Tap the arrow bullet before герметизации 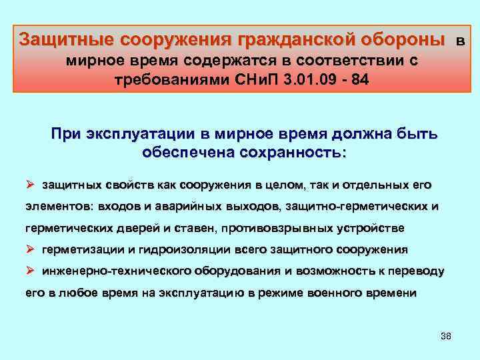(x=29, y=250)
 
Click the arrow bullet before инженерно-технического (x=29, y=272)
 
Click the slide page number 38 (x=446, y=335)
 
